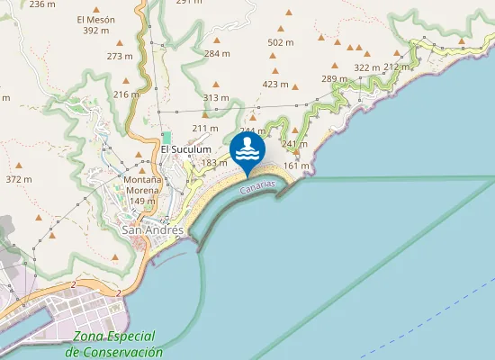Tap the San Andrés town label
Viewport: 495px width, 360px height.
(x=152, y=229)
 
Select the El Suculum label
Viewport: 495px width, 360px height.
(x=185, y=149)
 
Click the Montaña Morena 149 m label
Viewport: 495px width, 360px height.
(x=142, y=190)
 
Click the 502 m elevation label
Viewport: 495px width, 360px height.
(x=281, y=42)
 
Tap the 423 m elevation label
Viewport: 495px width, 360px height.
(x=275, y=84)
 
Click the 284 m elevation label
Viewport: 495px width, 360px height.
(x=217, y=54)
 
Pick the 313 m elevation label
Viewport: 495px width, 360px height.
(x=216, y=97)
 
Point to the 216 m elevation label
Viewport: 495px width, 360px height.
(x=127, y=94)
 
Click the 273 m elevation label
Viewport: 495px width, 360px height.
(x=120, y=56)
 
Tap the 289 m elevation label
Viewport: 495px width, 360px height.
(x=334, y=79)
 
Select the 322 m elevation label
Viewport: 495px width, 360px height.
(x=366, y=67)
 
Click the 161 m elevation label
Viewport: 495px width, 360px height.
(x=296, y=166)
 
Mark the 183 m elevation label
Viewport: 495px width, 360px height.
(x=214, y=163)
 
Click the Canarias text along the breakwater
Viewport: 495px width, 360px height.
(x=256, y=185)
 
